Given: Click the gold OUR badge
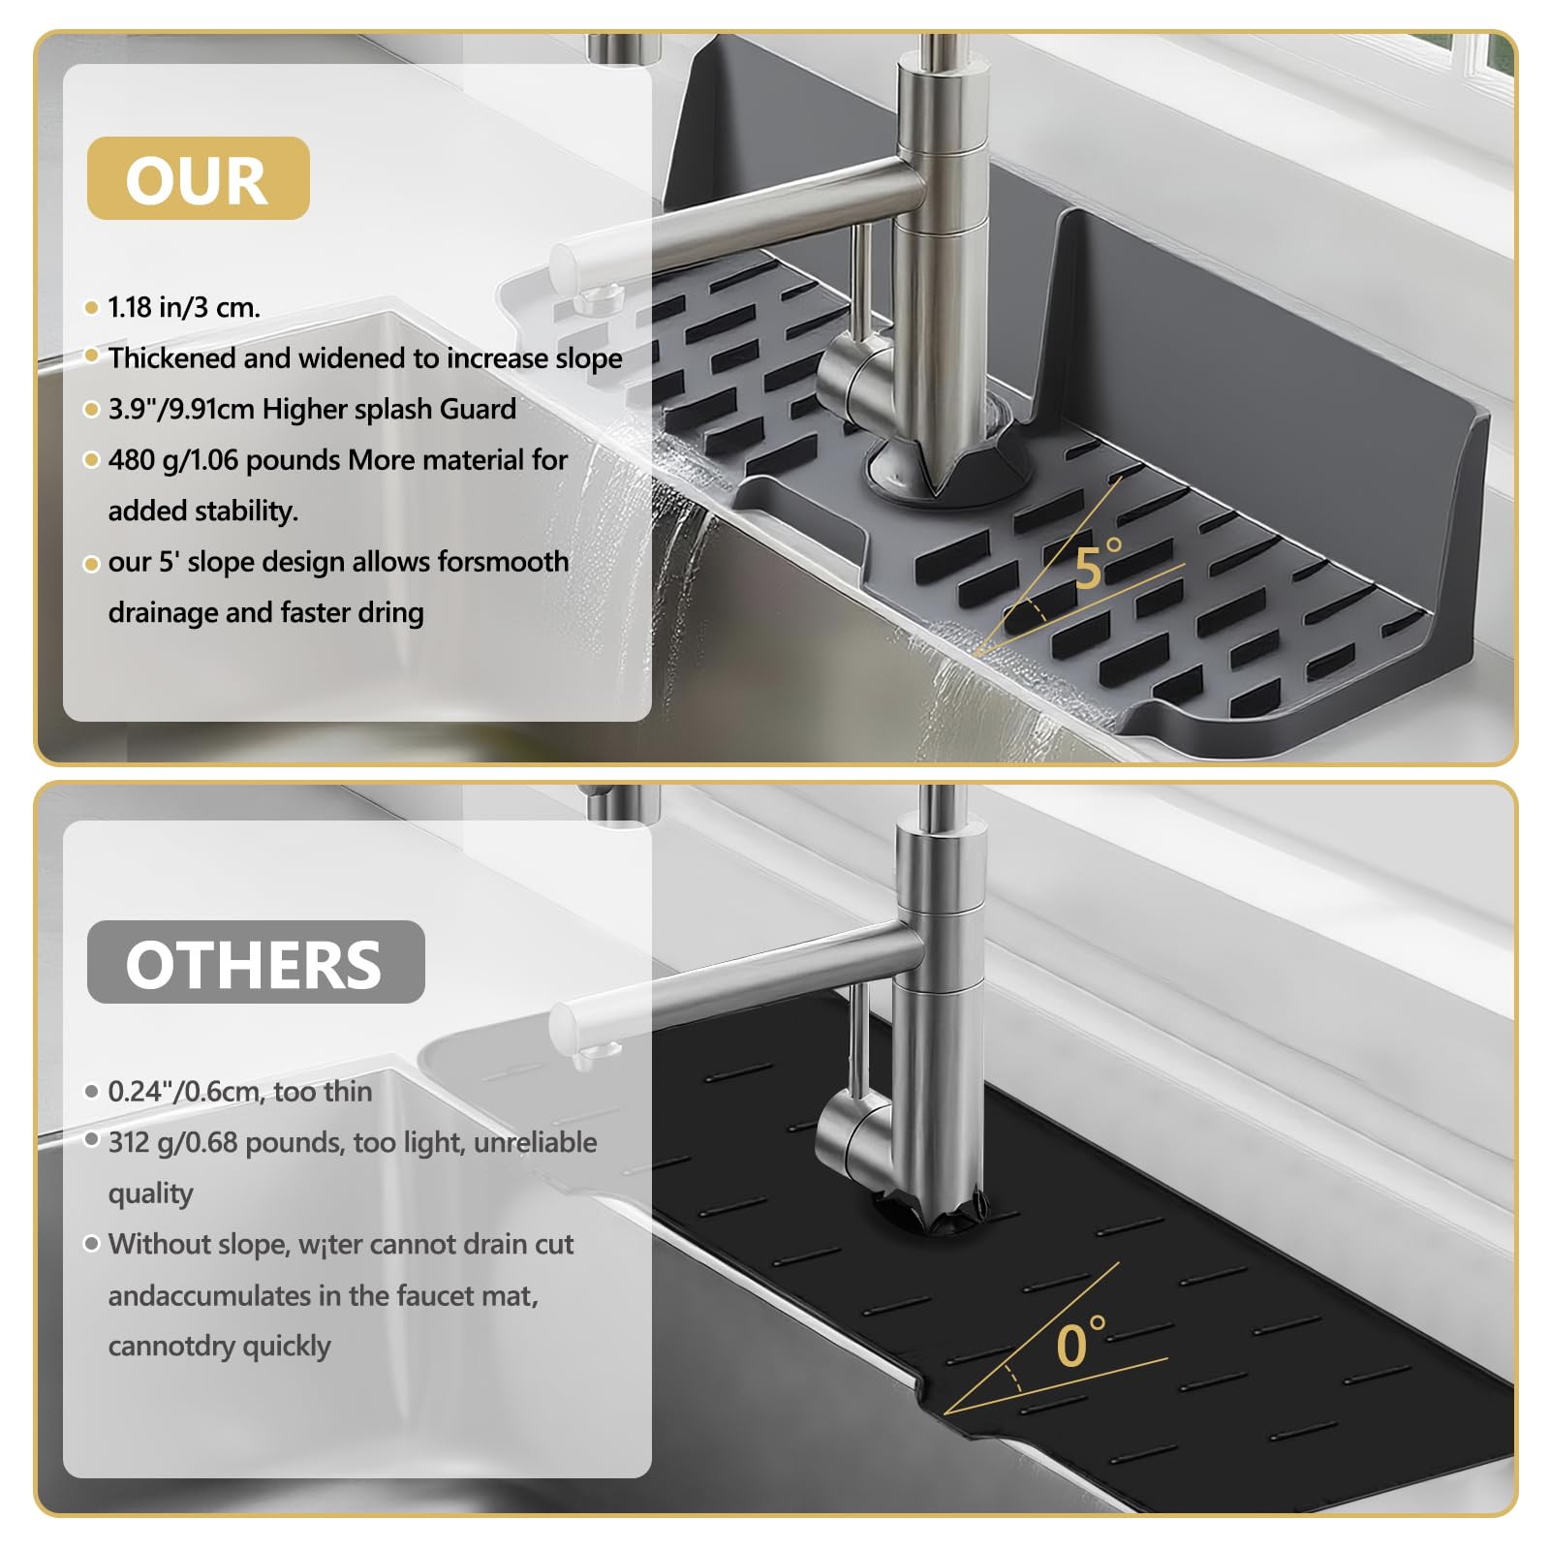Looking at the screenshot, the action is pos(199,178).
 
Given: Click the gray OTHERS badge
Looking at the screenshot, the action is pos(256,962).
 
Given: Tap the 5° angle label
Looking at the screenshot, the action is pos(1098,565).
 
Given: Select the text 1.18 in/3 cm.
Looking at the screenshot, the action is pos(184,307).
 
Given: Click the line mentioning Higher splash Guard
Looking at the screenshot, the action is pos(312,409).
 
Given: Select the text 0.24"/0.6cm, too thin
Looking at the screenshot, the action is pos(240,1092).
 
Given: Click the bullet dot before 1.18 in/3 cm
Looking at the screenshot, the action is pos(92,308).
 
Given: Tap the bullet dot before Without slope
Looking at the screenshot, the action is pos(92,1244).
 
